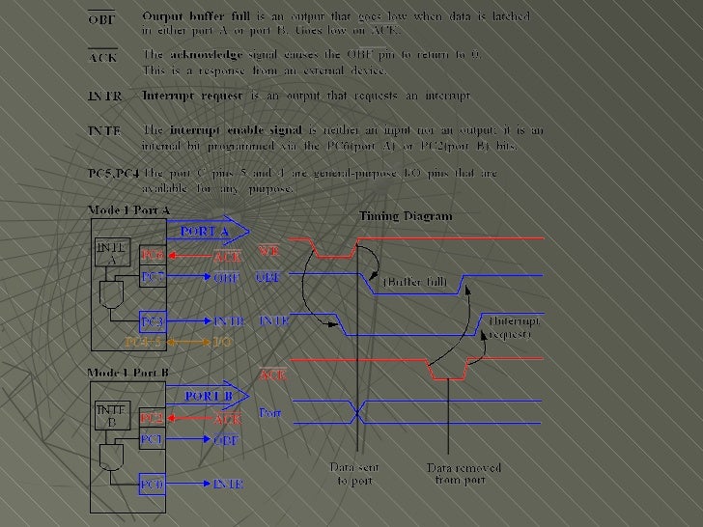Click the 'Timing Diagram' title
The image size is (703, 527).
point(405,217)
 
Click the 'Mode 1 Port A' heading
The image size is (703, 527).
point(128,209)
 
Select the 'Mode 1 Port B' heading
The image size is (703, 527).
point(128,372)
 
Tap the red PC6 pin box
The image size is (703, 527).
point(153,255)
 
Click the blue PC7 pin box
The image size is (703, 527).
point(153,277)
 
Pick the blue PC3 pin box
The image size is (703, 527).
point(153,320)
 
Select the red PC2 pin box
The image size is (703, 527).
point(153,419)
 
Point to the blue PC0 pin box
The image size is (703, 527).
point(153,483)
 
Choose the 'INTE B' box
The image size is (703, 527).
point(113,415)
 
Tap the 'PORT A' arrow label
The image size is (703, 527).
point(205,232)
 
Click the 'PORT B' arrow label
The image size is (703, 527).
point(205,395)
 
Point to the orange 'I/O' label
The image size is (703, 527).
point(222,342)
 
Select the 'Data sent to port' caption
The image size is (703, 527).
point(353,473)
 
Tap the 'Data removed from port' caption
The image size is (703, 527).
point(464,473)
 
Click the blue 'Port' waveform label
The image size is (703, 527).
point(269,413)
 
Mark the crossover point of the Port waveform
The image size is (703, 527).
point(358,412)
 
